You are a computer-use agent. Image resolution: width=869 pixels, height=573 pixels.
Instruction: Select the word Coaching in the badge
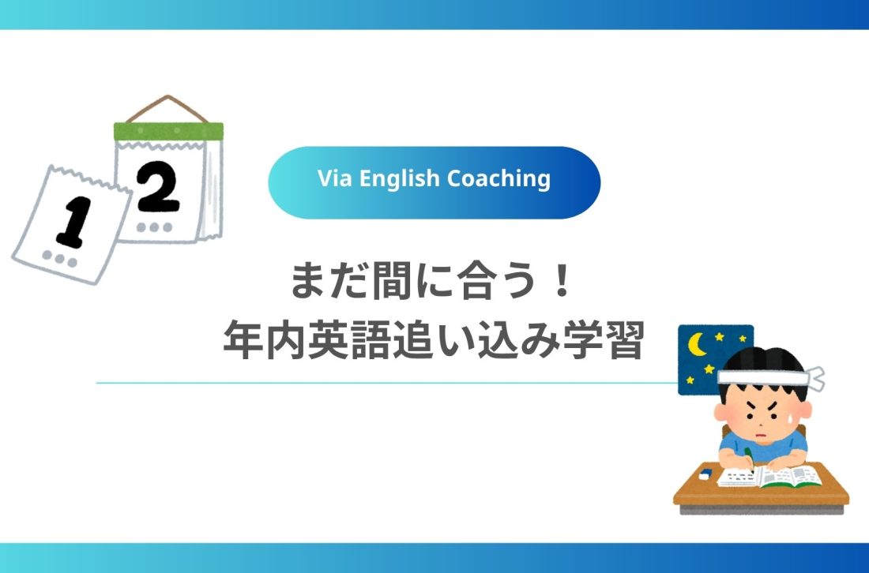click(498, 179)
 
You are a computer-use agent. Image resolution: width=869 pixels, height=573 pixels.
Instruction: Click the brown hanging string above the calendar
click(166, 107)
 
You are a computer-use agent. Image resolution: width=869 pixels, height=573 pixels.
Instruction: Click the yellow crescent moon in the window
click(698, 345)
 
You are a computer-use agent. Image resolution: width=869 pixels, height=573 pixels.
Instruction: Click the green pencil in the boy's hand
click(747, 459)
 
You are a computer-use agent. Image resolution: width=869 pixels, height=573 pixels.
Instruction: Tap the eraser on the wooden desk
click(705, 476)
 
